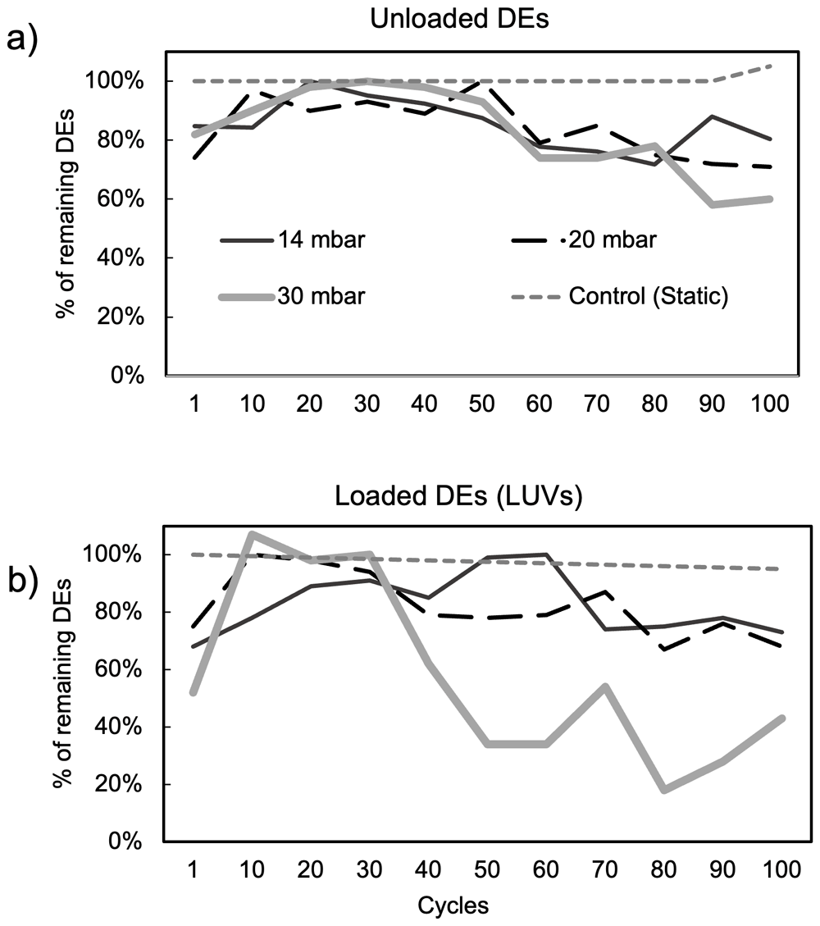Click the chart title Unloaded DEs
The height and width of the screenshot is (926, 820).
tap(459, 19)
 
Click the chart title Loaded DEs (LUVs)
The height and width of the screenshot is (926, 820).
tap(458, 497)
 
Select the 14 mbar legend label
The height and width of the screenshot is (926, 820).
tap(321, 239)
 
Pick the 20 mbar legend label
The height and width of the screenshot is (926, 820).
tap(613, 239)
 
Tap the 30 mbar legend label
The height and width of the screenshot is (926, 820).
tap(321, 296)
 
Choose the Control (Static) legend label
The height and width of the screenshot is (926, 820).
tap(649, 296)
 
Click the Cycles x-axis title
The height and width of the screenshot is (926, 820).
tap(453, 905)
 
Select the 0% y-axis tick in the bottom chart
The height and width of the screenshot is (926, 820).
tap(125, 841)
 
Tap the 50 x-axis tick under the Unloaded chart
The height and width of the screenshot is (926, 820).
tap(481, 404)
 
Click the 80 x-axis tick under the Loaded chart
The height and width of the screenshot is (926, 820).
tap(663, 869)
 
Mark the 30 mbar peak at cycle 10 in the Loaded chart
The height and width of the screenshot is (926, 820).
tap(252, 534)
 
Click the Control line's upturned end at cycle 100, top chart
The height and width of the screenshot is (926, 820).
tap(771, 66)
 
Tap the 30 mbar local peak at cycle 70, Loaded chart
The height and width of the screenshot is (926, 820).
tap(605, 686)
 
